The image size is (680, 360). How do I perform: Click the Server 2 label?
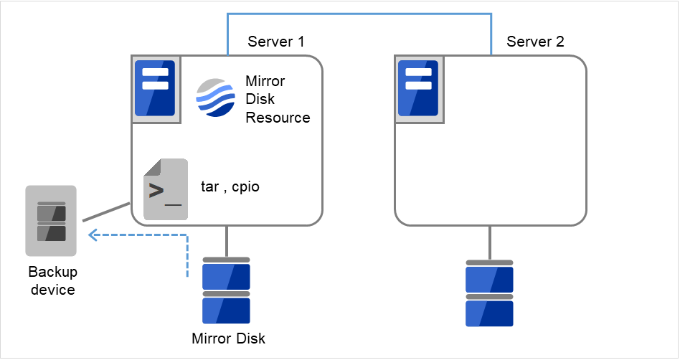(x=535, y=42)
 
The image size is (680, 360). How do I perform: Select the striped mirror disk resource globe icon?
(x=216, y=98)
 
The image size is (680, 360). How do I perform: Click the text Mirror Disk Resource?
(x=277, y=99)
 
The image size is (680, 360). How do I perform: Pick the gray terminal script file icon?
(x=165, y=189)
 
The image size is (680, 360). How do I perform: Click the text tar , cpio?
(x=230, y=187)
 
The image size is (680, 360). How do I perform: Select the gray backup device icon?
(x=51, y=221)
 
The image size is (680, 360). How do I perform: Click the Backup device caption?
(x=52, y=280)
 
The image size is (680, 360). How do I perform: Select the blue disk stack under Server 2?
(x=489, y=293)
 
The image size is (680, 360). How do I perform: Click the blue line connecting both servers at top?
(x=359, y=13)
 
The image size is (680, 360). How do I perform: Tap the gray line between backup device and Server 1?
(x=105, y=212)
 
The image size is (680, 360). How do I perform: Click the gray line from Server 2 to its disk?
(x=490, y=242)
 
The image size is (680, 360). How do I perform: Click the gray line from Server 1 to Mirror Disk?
(x=227, y=241)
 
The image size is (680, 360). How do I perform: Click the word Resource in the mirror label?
(x=278, y=118)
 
